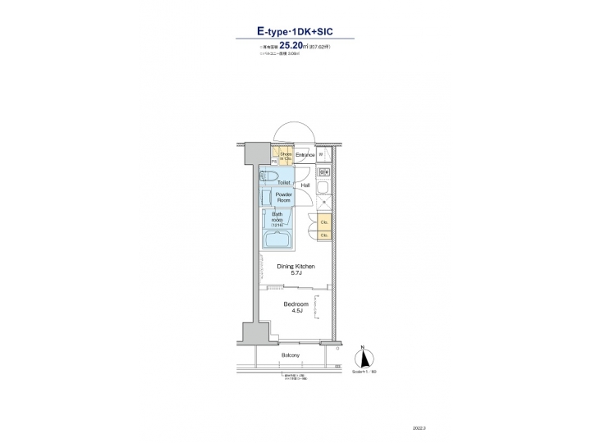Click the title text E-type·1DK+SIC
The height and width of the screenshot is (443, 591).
[x=295, y=32]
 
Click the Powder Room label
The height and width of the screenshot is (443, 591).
[x=284, y=197]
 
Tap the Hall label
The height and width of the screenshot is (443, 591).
[x=305, y=185]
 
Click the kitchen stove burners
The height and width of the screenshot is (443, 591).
[x=323, y=173]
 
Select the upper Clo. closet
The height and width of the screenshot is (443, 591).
[x=323, y=221]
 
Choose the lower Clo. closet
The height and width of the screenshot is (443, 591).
[x=323, y=235]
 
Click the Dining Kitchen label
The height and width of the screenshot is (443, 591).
[x=295, y=267]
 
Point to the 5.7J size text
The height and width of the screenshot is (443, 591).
[x=295, y=273]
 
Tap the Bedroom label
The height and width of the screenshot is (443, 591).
[x=295, y=304]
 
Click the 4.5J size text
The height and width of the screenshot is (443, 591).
[x=295, y=311]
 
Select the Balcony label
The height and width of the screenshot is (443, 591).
[x=290, y=355]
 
